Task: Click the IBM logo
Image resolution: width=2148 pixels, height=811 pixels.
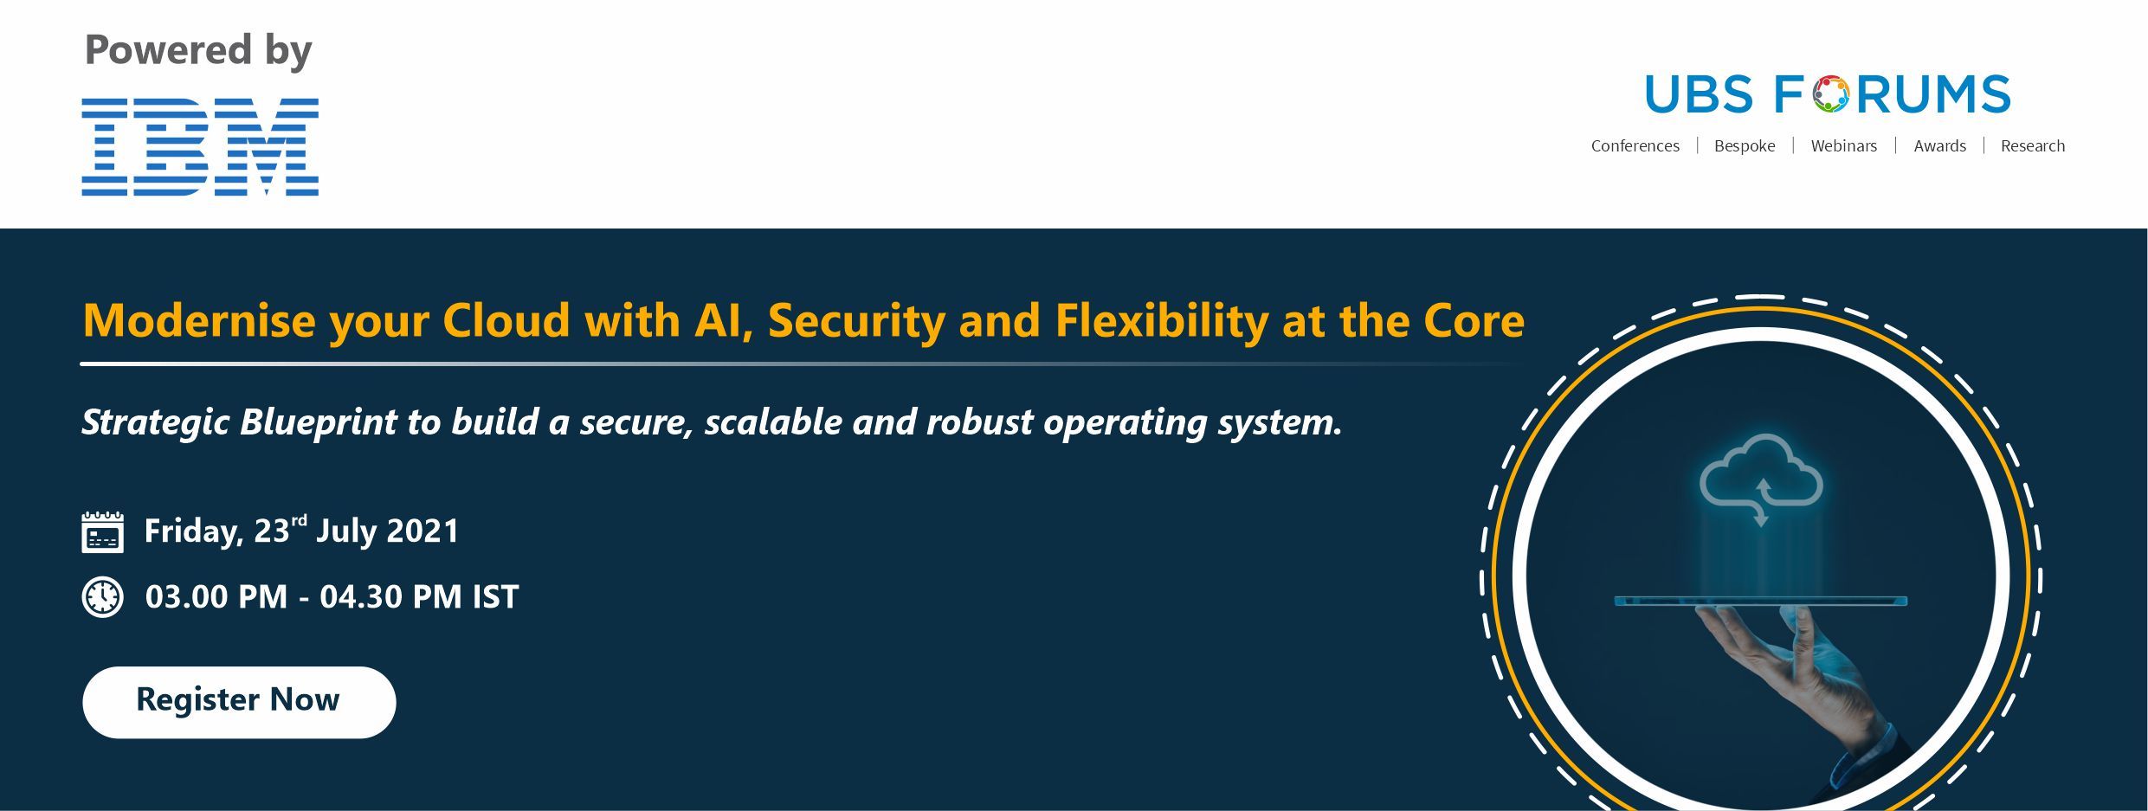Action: pyautogui.click(x=200, y=147)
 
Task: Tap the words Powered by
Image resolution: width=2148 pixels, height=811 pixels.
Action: pyautogui.click(x=198, y=50)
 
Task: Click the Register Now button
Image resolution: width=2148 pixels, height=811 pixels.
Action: pyautogui.click(x=239, y=702)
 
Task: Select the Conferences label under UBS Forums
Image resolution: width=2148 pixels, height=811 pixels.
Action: pyautogui.click(x=1635, y=146)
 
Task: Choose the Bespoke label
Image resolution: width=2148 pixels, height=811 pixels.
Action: pyautogui.click(x=1745, y=146)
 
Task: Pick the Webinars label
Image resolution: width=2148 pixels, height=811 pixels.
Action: pyautogui.click(x=1844, y=146)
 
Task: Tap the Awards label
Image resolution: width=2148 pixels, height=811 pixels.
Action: pyautogui.click(x=1939, y=146)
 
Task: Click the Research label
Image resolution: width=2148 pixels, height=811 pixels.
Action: pyautogui.click(x=2033, y=146)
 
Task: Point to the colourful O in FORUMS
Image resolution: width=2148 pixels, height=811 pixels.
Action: pyautogui.click(x=1831, y=94)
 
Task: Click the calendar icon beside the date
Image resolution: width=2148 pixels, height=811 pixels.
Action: pyautogui.click(x=102, y=531)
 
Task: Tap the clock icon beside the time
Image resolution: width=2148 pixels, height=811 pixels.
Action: pyautogui.click(x=102, y=597)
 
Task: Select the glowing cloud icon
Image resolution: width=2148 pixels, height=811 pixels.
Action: pyautogui.click(x=1761, y=480)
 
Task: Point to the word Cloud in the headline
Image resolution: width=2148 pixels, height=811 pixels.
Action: pyautogui.click(x=506, y=320)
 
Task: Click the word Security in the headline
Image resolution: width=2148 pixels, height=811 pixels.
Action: pyautogui.click(x=856, y=322)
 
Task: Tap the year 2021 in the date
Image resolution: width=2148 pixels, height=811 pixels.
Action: pyautogui.click(x=422, y=531)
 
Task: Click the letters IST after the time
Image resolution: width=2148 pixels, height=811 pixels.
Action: pyautogui.click(x=495, y=597)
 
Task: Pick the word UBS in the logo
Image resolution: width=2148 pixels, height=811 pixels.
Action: pyautogui.click(x=1699, y=94)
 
